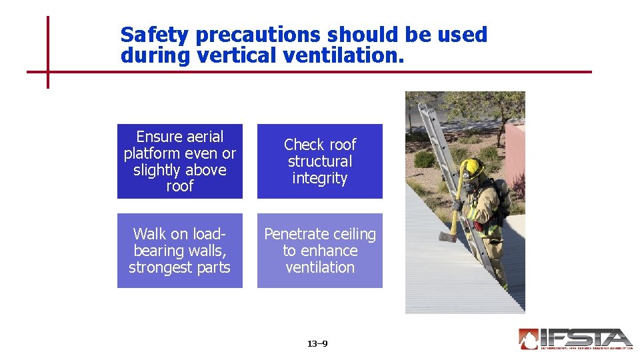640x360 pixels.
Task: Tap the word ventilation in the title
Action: (343, 56)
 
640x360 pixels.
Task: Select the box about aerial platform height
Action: (180, 161)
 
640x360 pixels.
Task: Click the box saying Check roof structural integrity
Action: (320, 161)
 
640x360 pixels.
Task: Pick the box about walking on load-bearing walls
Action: (180, 251)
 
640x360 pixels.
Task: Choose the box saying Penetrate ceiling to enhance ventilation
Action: (320, 251)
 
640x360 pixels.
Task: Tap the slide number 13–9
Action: (317, 344)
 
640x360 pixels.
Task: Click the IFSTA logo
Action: (575, 339)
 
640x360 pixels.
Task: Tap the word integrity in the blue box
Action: (320, 178)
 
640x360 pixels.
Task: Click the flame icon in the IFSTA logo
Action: (529, 339)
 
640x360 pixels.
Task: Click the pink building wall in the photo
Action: (515, 153)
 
